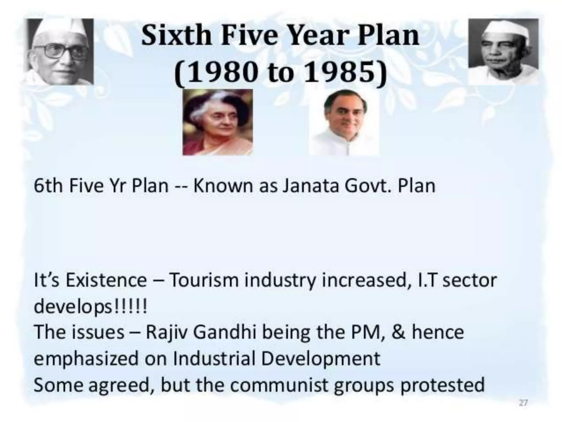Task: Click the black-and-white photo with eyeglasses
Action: (61, 52)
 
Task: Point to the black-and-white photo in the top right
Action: (503, 52)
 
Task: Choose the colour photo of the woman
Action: (218, 122)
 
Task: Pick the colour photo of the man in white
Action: (344, 122)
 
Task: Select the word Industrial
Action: (214, 359)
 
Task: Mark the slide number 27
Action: (523, 403)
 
